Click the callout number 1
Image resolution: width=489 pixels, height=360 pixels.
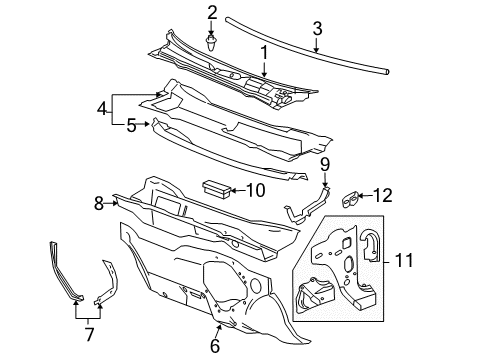[264, 52]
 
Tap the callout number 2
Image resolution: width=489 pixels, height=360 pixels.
[211, 12]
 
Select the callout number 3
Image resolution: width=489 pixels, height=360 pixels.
[317, 28]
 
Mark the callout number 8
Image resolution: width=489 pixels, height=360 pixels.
[99, 203]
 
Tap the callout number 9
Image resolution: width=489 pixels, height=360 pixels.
[324, 163]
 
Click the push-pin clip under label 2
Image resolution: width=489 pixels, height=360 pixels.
[211, 43]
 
